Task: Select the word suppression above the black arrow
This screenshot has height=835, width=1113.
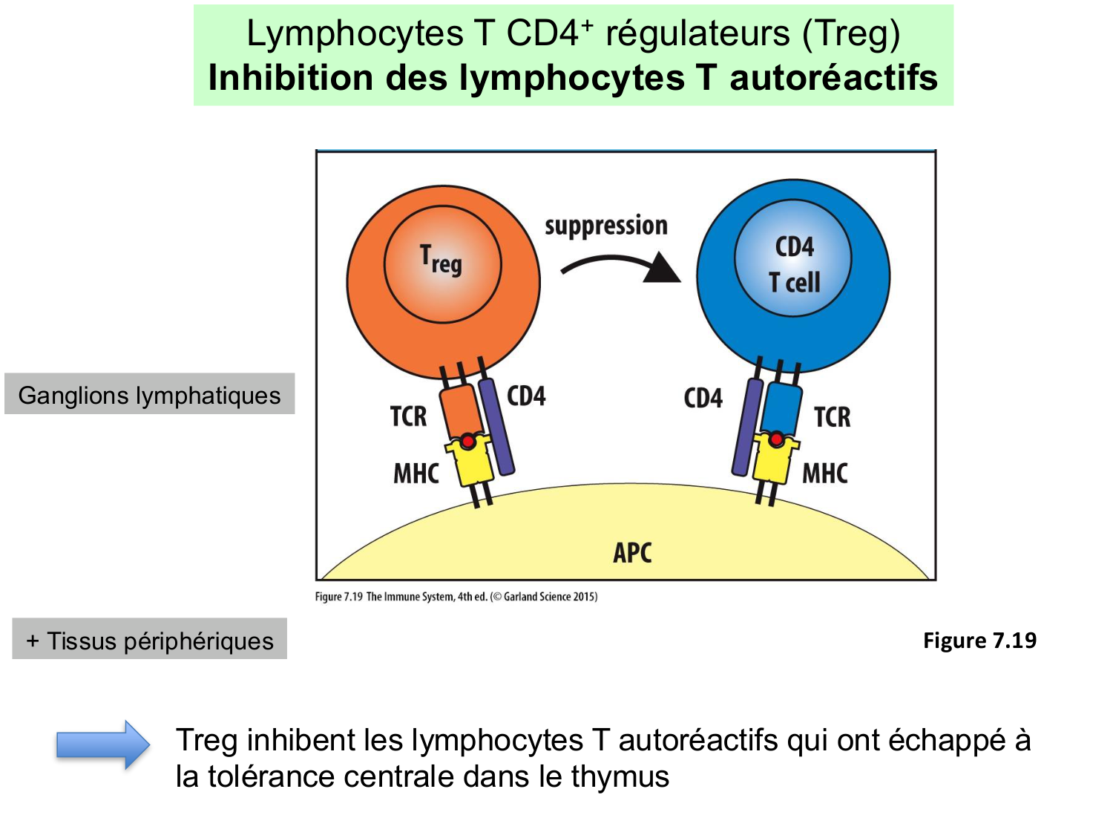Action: coord(605,225)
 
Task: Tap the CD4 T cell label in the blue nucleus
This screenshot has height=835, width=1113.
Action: coord(794,263)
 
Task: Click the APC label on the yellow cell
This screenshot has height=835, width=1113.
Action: coord(632,552)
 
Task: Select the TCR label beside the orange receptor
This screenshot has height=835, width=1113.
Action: coord(408,416)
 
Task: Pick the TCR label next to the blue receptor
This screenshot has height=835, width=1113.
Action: coord(832,417)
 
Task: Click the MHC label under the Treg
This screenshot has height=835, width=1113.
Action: coord(416,473)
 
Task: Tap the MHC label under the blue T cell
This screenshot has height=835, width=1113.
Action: coord(824,473)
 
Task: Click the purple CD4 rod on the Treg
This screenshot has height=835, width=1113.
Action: coord(496,427)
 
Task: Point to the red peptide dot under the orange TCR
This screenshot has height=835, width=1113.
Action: coord(467,442)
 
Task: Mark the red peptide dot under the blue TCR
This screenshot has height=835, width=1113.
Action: coord(775,439)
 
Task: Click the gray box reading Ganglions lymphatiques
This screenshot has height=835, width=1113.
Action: coord(149,394)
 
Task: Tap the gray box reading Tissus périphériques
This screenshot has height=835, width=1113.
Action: coord(149,639)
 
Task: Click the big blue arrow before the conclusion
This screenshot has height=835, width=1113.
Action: coord(103,744)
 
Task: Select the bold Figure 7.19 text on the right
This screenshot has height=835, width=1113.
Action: coord(979,640)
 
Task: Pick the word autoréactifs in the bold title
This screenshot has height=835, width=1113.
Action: coord(833,77)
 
